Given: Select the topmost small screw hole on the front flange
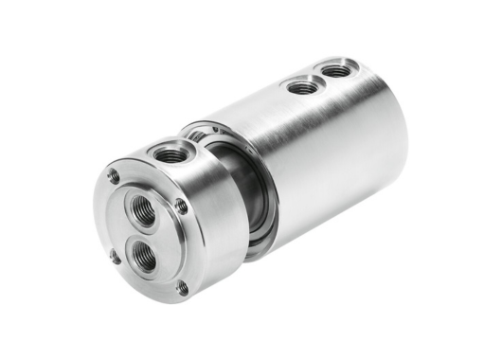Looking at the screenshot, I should point(115,175).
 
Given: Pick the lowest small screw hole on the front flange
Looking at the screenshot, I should point(183,286).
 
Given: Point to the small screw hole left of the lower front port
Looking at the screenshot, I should point(113,254).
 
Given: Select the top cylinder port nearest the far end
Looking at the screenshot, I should point(334,69).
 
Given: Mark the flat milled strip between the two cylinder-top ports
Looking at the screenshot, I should point(318,78).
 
